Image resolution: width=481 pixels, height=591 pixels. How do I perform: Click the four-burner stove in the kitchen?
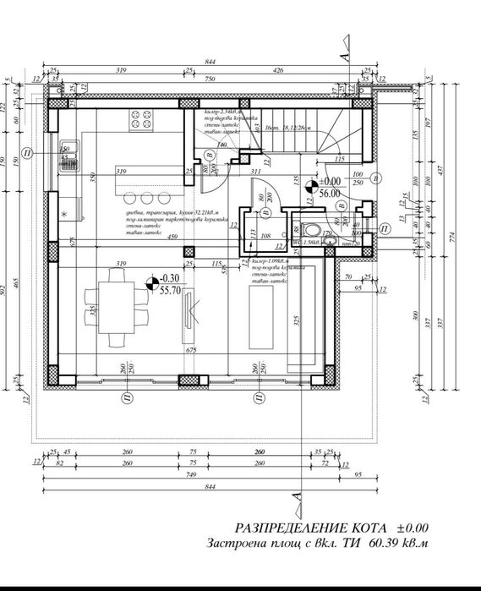[139, 121]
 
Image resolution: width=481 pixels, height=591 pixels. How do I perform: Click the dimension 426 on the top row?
[278, 71]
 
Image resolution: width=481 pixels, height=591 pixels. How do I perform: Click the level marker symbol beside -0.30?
[151, 282]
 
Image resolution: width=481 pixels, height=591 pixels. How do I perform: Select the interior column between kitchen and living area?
[189, 251]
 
